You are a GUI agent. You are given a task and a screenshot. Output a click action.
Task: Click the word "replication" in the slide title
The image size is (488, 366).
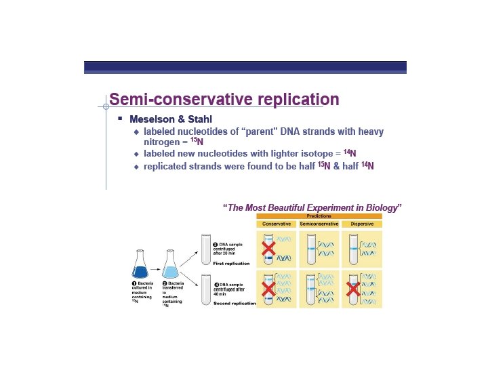[x=293, y=100]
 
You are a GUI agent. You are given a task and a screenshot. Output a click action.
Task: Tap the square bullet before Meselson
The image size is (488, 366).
[x=119, y=118]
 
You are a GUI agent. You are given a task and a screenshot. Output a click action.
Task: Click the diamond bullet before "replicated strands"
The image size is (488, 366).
[x=136, y=166]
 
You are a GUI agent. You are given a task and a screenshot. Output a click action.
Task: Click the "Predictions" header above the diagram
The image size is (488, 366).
[x=319, y=216]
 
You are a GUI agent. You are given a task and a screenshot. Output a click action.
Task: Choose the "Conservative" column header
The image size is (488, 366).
[x=277, y=224]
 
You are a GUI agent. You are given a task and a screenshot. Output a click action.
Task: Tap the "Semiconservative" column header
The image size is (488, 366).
[x=319, y=224]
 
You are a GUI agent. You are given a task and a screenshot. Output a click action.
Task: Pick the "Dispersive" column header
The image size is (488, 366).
[x=362, y=224]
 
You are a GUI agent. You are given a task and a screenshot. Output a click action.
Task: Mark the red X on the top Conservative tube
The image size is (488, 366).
[x=268, y=248]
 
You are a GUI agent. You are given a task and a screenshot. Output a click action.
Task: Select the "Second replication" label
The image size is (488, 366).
[x=235, y=303]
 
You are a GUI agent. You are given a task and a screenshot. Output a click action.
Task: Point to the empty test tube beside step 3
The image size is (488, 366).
[x=206, y=249]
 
